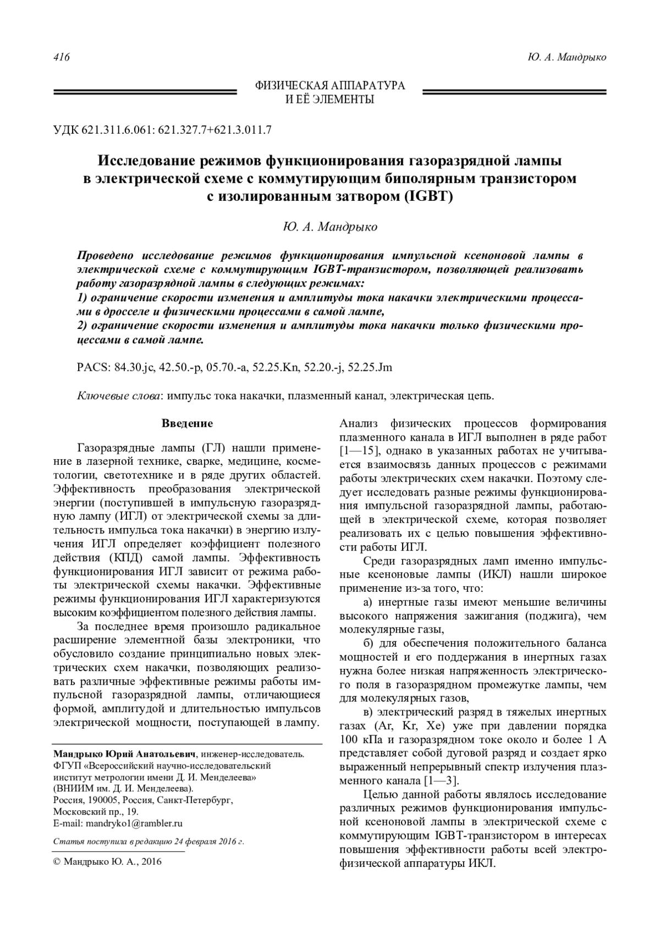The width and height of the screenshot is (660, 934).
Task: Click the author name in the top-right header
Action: point(566,58)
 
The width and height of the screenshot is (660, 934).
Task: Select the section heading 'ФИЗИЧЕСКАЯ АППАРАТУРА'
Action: point(330,86)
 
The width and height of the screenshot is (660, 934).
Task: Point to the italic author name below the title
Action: point(330,227)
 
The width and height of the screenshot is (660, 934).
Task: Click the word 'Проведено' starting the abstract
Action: point(106,256)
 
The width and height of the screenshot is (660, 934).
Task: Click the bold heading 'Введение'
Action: point(187,424)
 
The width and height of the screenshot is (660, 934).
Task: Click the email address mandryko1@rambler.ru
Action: point(133,823)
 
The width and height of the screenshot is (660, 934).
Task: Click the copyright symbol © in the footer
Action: point(57,862)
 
